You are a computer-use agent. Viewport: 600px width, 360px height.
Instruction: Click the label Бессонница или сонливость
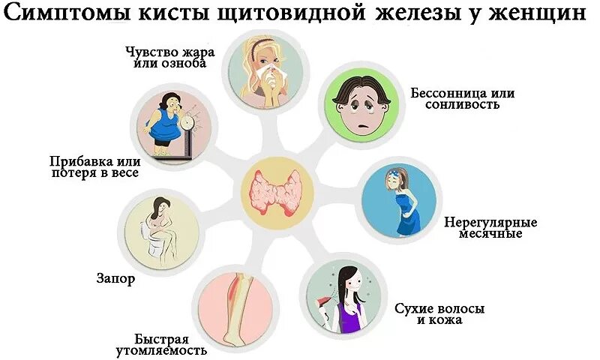click(463, 99)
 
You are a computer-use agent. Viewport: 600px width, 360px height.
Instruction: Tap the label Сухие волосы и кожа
click(440, 313)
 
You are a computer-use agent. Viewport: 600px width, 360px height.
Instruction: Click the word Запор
click(115, 279)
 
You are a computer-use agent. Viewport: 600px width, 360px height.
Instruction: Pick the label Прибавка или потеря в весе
click(94, 167)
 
